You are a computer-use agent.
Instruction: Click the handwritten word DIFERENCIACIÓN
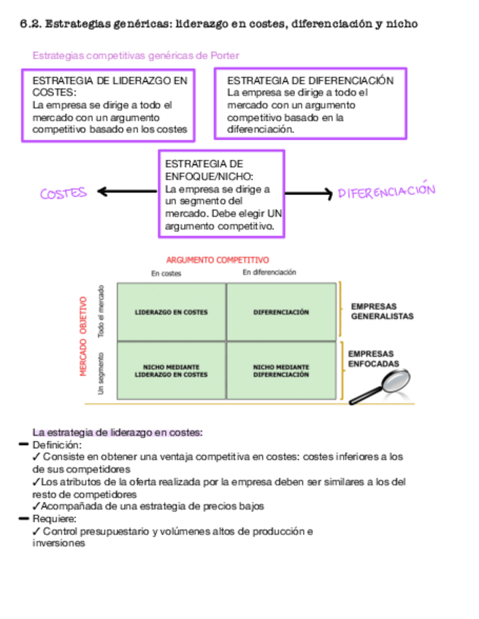pyautogui.click(x=386, y=192)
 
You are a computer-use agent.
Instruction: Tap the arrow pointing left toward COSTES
pyautogui.click(x=126, y=192)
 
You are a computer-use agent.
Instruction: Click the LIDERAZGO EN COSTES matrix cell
pyautogui.click(x=172, y=312)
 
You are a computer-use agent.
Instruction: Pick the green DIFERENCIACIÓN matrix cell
pyautogui.click(x=281, y=312)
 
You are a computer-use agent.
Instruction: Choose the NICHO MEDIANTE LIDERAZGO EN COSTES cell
pyautogui.click(x=172, y=370)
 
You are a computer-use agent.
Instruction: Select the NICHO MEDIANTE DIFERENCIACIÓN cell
pyautogui.click(x=281, y=370)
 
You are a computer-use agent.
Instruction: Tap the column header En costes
pyautogui.click(x=166, y=274)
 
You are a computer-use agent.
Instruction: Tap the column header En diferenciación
pyautogui.click(x=269, y=272)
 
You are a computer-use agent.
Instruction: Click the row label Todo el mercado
pyautogui.click(x=102, y=311)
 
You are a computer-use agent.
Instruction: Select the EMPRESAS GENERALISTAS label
pyautogui.click(x=382, y=312)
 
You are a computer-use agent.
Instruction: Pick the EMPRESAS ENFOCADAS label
pyautogui.click(x=375, y=358)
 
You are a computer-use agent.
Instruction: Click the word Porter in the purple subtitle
pyautogui.click(x=224, y=56)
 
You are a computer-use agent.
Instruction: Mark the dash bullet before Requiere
pyautogui.click(x=25, y=518)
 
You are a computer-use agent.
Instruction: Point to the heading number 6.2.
pyautogui.click(x=30, y=24)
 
